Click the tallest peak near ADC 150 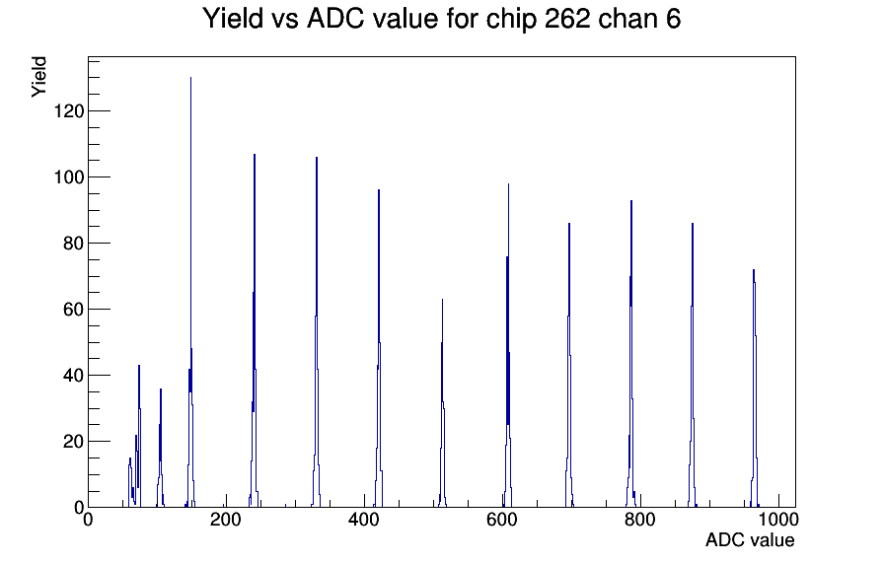[191, 293]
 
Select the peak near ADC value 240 [255, 332]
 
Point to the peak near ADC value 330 [317, 332]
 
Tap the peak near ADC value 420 [379, 349]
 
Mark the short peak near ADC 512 [443, 403]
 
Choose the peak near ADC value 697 [569, 366]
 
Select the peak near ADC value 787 [631, 355]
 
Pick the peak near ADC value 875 [693, 366]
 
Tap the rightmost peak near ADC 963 [754, 388]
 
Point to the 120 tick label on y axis [69, 111]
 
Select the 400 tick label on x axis [364, 520]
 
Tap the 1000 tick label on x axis [778, 520]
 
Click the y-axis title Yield [38, 77]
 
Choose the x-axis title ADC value [750, 540]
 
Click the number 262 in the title [567, 18]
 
